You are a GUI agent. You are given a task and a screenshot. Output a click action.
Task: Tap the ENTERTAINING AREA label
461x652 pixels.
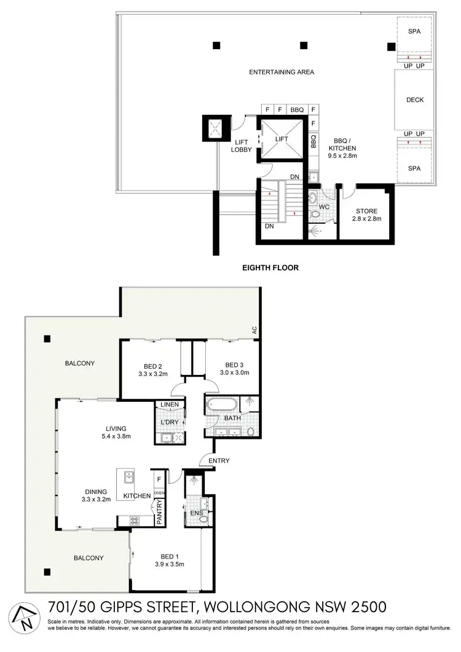coord(282,73)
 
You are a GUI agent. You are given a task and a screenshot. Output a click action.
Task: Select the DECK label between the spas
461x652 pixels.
coord(415,100)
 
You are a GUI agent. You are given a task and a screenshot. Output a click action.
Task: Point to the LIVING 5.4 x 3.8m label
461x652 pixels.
coord(116,433)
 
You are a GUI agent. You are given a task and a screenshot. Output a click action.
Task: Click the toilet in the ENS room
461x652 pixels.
coord(205,520)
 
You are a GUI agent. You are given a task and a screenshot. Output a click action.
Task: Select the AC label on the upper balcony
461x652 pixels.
coord(253,330)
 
